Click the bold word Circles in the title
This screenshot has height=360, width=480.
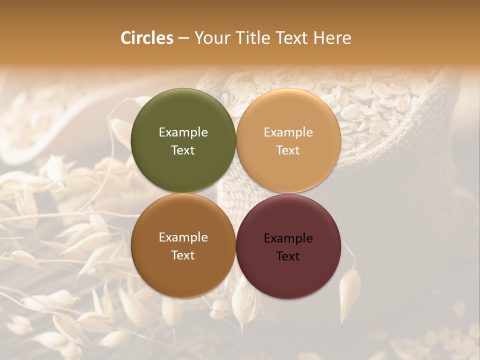147,37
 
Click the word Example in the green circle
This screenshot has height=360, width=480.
183,132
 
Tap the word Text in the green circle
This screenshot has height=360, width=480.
183,150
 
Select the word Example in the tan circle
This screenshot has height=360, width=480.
288,132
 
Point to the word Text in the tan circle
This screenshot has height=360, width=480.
288,150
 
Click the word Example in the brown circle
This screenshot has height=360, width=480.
183,237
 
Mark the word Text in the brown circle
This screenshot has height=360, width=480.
183,255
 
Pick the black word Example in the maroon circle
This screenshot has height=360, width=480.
288,238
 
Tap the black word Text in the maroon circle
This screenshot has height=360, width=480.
288,256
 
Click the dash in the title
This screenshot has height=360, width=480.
183,38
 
